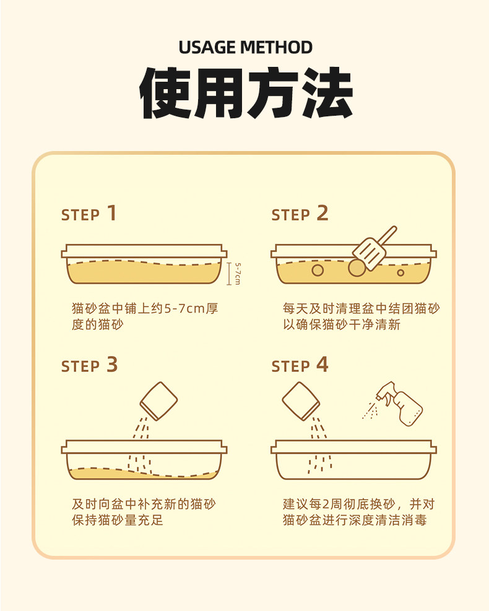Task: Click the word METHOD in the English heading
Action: (276, 48)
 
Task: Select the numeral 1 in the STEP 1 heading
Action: (112, 213)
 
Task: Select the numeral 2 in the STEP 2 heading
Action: (322, 213)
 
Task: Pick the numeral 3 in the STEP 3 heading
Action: (112, 365)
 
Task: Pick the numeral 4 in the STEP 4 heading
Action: (322, 365)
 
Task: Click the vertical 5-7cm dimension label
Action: (238, 274)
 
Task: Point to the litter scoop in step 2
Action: (374, 249)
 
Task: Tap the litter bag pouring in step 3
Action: (158, 401)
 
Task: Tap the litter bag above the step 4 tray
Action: (301, 401)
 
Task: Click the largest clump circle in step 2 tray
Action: (357, 267)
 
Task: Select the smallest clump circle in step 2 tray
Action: (400, 273)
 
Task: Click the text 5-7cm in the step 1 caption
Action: (184, 309)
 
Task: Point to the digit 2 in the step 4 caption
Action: (326, 505)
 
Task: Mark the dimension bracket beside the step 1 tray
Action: (229, 274)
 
